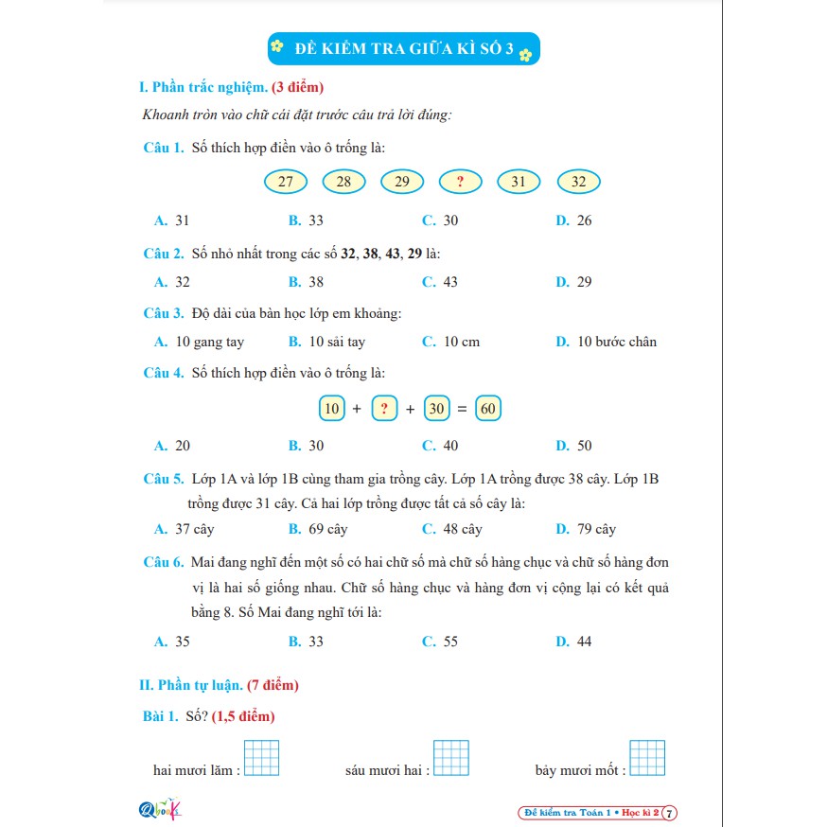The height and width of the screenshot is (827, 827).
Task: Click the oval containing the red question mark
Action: pos(461,182)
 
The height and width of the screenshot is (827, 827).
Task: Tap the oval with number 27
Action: pos(286,182)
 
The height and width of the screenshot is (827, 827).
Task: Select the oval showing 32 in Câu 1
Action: pos(579,182)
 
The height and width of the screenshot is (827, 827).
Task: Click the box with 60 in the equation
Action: pos(488,409)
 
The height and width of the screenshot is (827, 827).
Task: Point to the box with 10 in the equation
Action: pos(331,409)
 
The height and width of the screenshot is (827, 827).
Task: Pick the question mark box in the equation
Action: pos(383,409)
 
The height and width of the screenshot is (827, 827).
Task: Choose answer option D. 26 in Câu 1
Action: pos(574,220)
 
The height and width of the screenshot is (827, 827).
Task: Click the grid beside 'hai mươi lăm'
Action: pos(262,758)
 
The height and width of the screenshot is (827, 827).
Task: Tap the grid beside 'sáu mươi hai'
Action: pos(451,758)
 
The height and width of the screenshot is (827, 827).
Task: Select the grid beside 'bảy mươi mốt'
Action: pos(648,758)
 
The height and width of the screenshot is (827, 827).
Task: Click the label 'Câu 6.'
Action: pos(163,562)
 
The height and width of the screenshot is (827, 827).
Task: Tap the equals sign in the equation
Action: pos(462,410)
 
